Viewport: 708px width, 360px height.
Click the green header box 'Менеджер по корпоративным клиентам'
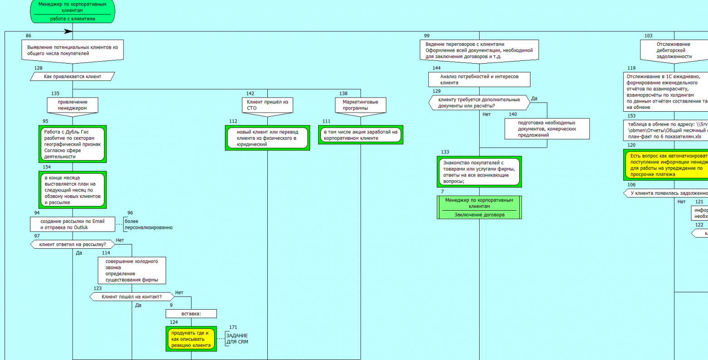(x=73, y=11)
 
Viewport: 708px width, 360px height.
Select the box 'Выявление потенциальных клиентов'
(x=73, y=50)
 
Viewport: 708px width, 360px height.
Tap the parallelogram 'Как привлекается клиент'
(x=73, y=77)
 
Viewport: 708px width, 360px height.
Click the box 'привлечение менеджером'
(x=73, y=105)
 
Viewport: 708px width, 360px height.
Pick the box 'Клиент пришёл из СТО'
(x=267, y=105)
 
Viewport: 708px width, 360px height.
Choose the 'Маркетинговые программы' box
(x=360, y=105)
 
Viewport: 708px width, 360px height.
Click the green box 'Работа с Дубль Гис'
(x=73, y=144)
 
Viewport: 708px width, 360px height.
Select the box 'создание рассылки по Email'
(x=73, y=224)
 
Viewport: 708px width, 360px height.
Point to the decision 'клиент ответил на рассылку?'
(x=73, y=245)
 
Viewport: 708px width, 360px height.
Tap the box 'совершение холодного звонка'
(x=132, y=271)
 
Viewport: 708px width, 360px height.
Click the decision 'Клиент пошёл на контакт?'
(x=132, y=297)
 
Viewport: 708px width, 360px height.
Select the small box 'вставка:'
(x=191, y=314)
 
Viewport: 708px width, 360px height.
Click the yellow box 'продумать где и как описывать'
(x=191, y=339)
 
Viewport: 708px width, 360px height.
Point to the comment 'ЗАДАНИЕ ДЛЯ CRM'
(x=237, y=339)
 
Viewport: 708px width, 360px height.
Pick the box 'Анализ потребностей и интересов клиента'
(x=479, y=79)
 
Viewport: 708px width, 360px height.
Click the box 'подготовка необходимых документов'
(x=547, y=128)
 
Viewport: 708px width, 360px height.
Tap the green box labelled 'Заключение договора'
(x=479, y=207)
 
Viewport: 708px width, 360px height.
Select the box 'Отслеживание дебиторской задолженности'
(x=674, y=50)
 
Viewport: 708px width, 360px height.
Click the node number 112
(x=233, y=121)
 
